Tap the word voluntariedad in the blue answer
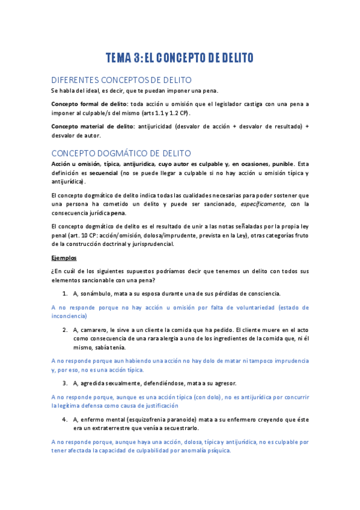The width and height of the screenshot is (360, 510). [x=251, y=307]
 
